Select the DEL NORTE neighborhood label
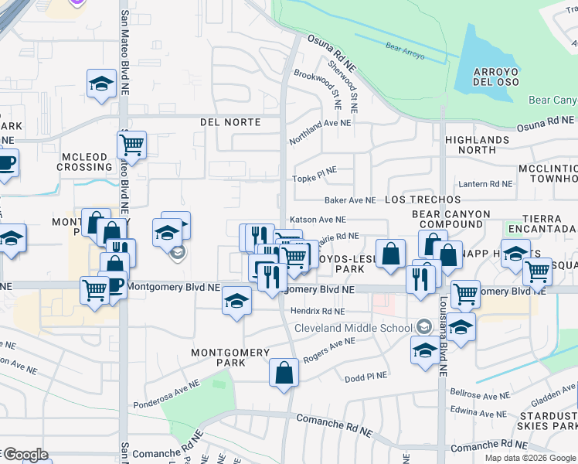(229, 122)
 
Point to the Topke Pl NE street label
(314, 178)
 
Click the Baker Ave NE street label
(350, 200)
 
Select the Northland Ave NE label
(320, 131)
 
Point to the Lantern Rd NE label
(485, 184)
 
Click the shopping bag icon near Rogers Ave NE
(284, 372)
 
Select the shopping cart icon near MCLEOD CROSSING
(132, 144)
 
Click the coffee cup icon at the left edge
(6, 163)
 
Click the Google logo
(25, 455)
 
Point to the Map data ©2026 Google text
(530, 458)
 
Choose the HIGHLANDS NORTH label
(477, 145)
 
